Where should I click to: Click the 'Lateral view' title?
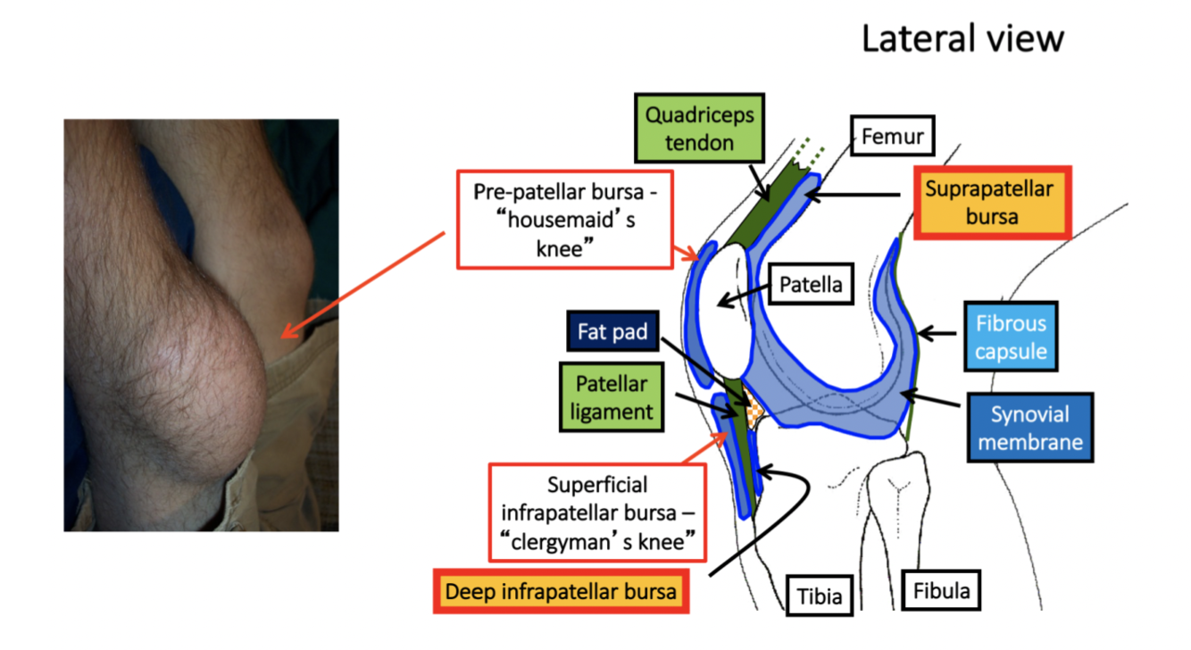click(x=962, y=38)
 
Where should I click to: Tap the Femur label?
click(x=892, y=137)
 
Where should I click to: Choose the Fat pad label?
click(x=612, y=333)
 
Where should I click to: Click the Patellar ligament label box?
click(x=611, y=398)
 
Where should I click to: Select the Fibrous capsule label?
click(x=1011, y=336)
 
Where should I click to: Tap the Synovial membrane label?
click(x=1029, y=428)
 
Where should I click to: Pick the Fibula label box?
click(x=941, y=590)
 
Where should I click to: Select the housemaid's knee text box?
click(x=564, y=220)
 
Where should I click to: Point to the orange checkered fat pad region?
click(x=755, y=412)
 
